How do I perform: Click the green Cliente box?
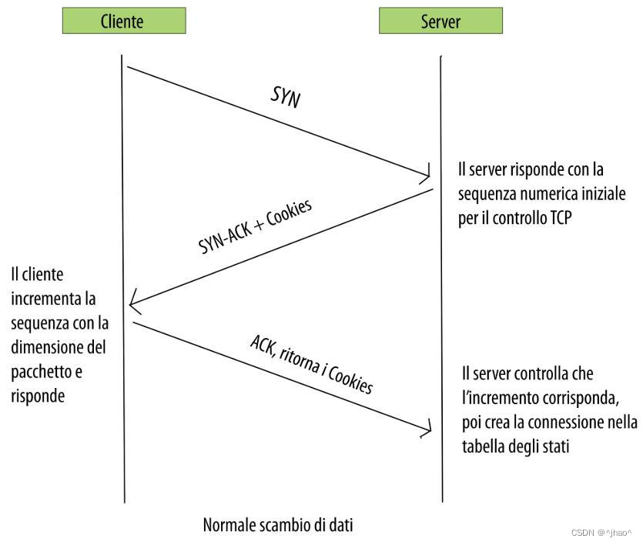(x=123, y=21)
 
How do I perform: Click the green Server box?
(x=440, y=21)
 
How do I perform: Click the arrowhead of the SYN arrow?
(x=426, y=172)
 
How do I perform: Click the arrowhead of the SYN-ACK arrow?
(x=134, y=303)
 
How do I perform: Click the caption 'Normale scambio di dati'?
(x=278, y=525)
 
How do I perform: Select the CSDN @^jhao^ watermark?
(x=601, y=532)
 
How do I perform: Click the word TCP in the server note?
(x=558, y=219)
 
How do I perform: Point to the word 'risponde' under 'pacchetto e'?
(x=38, y=396)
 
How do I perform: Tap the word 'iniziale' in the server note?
(x=608, y=193)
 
